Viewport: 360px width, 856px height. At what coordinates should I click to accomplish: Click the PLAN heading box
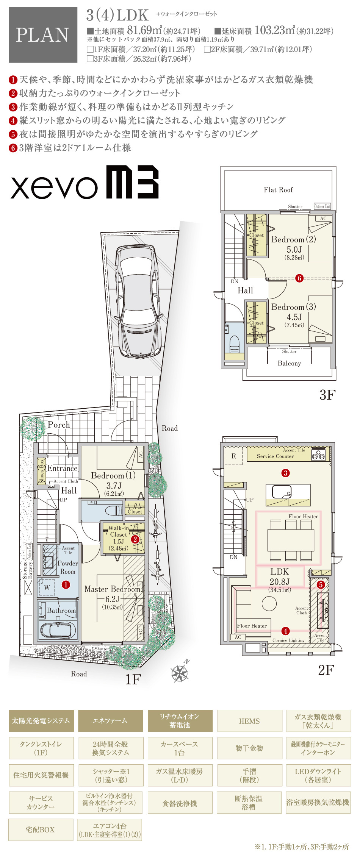click(43, 35)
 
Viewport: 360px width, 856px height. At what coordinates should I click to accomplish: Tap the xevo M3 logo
click(85, 182)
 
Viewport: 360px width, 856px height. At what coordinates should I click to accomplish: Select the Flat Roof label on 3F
click(278, 190)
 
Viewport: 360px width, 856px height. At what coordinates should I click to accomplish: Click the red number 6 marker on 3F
click(299, 278)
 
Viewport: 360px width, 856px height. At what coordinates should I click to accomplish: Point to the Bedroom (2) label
click(293, 239)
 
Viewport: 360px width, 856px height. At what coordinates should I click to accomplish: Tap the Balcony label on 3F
click(289, 363)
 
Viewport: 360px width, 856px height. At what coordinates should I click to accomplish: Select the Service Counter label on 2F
click(275, 456)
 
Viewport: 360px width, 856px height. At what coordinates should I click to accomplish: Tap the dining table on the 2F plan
click(291, 540)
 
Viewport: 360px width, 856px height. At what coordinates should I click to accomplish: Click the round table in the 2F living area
click(269, 603)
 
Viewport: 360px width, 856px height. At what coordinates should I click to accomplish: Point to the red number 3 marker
click(285, 473)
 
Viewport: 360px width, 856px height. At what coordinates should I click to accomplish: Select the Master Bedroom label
click(113, 589)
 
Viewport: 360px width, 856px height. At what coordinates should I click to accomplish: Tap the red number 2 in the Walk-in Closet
click(135, 539)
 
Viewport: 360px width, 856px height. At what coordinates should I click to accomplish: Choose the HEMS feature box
click(249, 721)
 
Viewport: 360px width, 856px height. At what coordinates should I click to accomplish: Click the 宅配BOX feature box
click(41, 829)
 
